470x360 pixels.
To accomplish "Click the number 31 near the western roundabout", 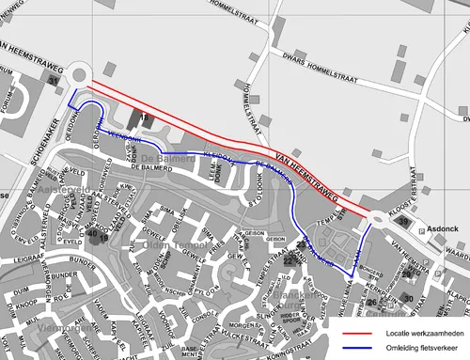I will coord(54,84).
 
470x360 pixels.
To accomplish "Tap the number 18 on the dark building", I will coord(145,118).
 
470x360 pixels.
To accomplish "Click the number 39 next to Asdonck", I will coord(402,221).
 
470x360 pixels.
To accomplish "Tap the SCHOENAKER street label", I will coord(41,142).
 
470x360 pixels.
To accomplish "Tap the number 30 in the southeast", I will coord(408,298).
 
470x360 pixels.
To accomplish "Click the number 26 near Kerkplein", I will coord(372,303).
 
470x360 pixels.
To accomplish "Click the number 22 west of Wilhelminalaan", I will coord(289,259).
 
